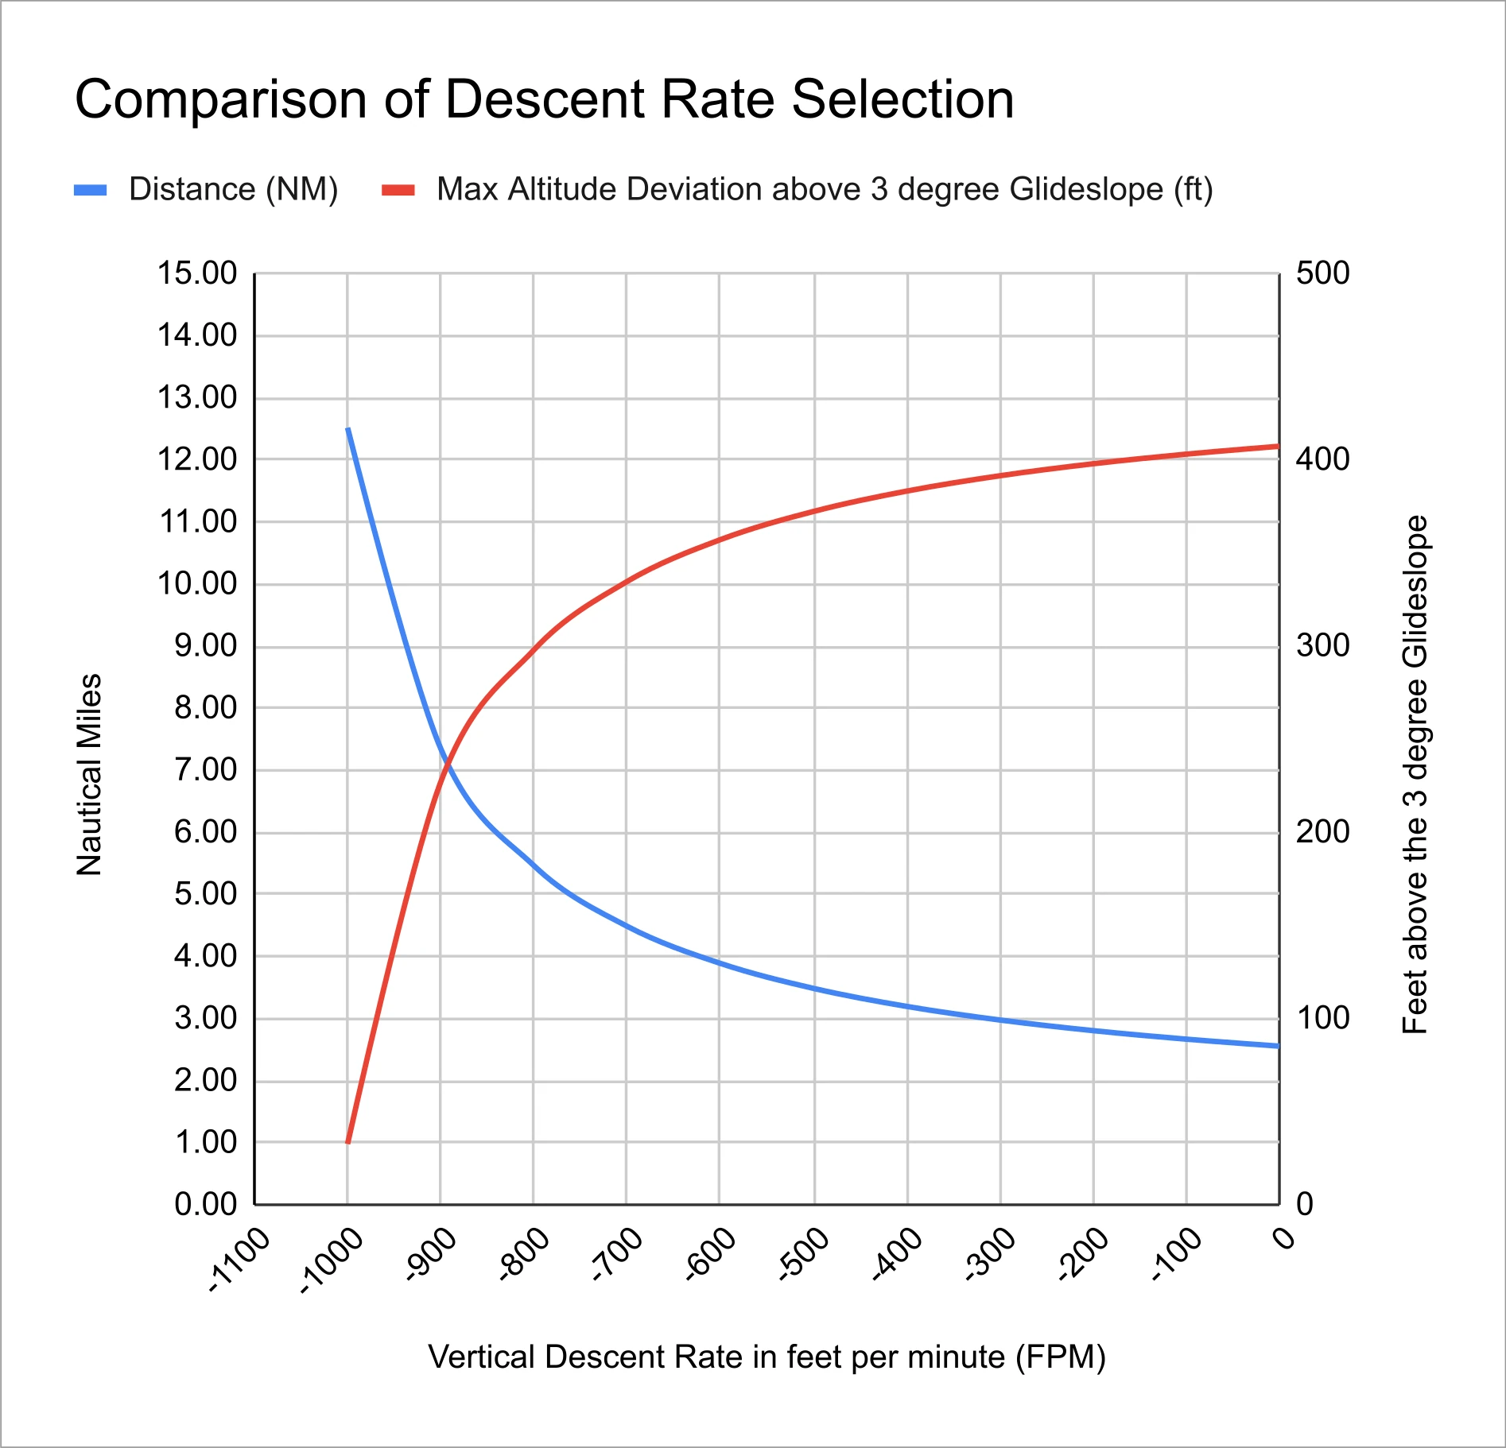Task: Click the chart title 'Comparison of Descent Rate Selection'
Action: coord(544,100)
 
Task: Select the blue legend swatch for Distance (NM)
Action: coord(90,190)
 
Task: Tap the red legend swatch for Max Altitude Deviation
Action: coord(398,190)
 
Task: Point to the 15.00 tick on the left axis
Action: coord(197,273)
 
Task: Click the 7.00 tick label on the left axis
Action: coord(205,770)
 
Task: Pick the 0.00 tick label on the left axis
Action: coord(205,1205)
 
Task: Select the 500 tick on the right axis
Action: coord(1322,273)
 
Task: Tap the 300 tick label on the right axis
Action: coord(1322,645)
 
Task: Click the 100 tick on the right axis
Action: coord(1322,1018)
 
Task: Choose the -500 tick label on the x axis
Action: coord(803,1255)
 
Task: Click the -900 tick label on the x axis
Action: coord(430,1255)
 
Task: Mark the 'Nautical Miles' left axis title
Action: coord(90,775)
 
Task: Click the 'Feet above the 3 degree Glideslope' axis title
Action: coord(1415,775)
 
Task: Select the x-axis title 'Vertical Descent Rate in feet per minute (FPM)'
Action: coord(767,1357)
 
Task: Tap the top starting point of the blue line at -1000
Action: coord(347,428)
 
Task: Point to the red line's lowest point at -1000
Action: coord(347,1142)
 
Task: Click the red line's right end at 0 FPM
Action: coord(1278,446)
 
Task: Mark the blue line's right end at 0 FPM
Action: coord(1278,1046)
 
